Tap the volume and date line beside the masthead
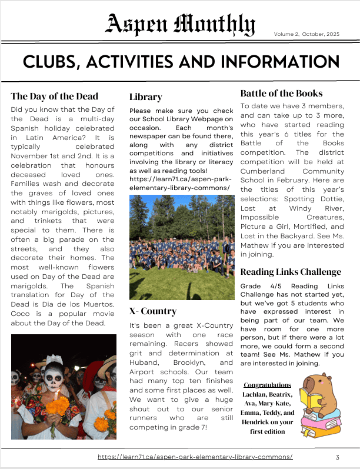(x=306, y=34)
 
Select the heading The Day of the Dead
(x=54, y=96)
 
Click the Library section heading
(x=145, y=97)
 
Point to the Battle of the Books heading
(x=281, y=93)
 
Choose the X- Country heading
(x=152, y=311)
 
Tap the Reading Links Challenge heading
(x=291, y=271)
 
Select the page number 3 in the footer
(x=337, y=457)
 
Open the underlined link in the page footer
(x=195, y=457)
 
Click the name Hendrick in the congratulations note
(x=260, y=423)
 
